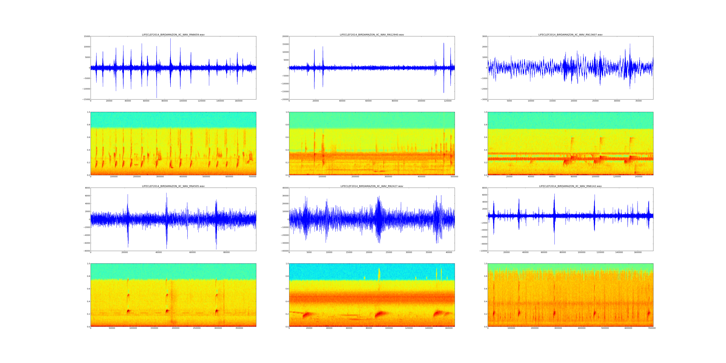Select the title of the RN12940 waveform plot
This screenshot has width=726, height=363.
[x=372, y=35]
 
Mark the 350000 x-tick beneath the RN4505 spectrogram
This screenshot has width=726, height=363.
[x=239, y=328]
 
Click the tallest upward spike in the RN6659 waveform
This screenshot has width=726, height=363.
[x=170, y=39]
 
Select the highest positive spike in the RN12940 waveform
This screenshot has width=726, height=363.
[x=444, y=43]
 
